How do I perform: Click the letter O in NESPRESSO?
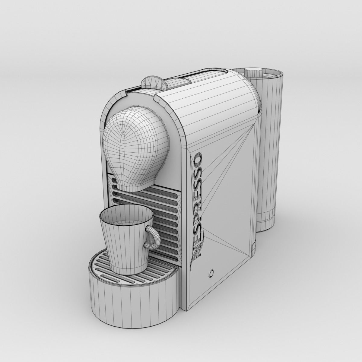[199, 161]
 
